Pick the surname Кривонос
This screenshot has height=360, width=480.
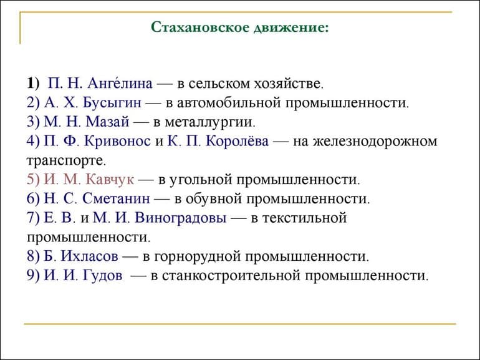118,141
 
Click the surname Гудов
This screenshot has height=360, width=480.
103,276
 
